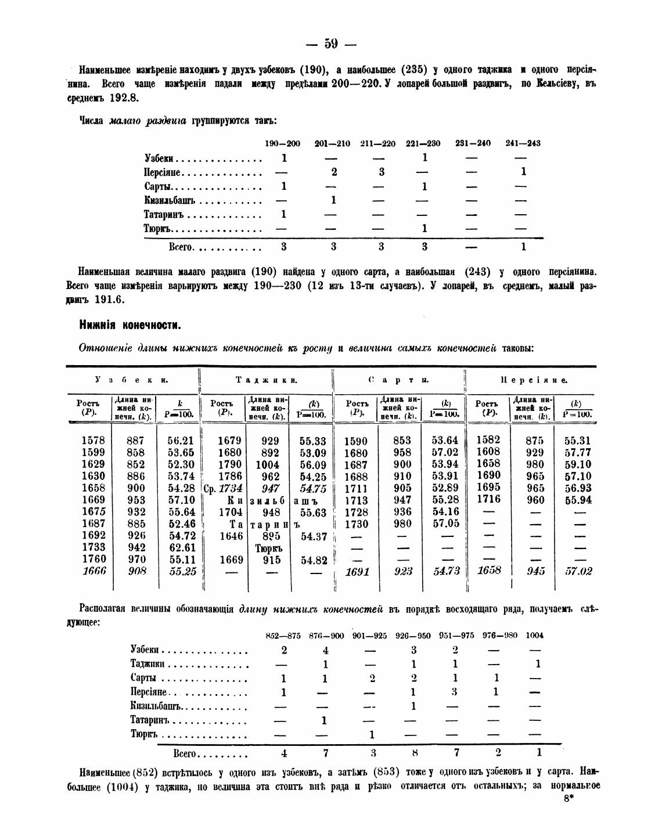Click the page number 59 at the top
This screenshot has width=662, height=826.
pos(331,44)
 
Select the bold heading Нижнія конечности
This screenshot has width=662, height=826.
pos(130,324)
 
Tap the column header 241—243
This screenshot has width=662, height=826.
pos(523,143)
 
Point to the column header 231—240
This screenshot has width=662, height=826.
pos(473,143)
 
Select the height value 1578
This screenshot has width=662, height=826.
pos(93,441)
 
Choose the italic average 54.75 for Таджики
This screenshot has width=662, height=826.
pos(314,489)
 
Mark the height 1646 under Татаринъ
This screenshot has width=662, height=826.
pos(231,536)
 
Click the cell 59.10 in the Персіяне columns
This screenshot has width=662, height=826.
pos(578,464)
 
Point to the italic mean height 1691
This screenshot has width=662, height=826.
pos(357,572)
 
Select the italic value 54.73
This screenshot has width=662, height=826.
pos(446,571)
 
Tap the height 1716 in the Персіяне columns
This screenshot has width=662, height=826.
pos(488,499)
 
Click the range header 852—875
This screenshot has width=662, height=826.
pos(283,635)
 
